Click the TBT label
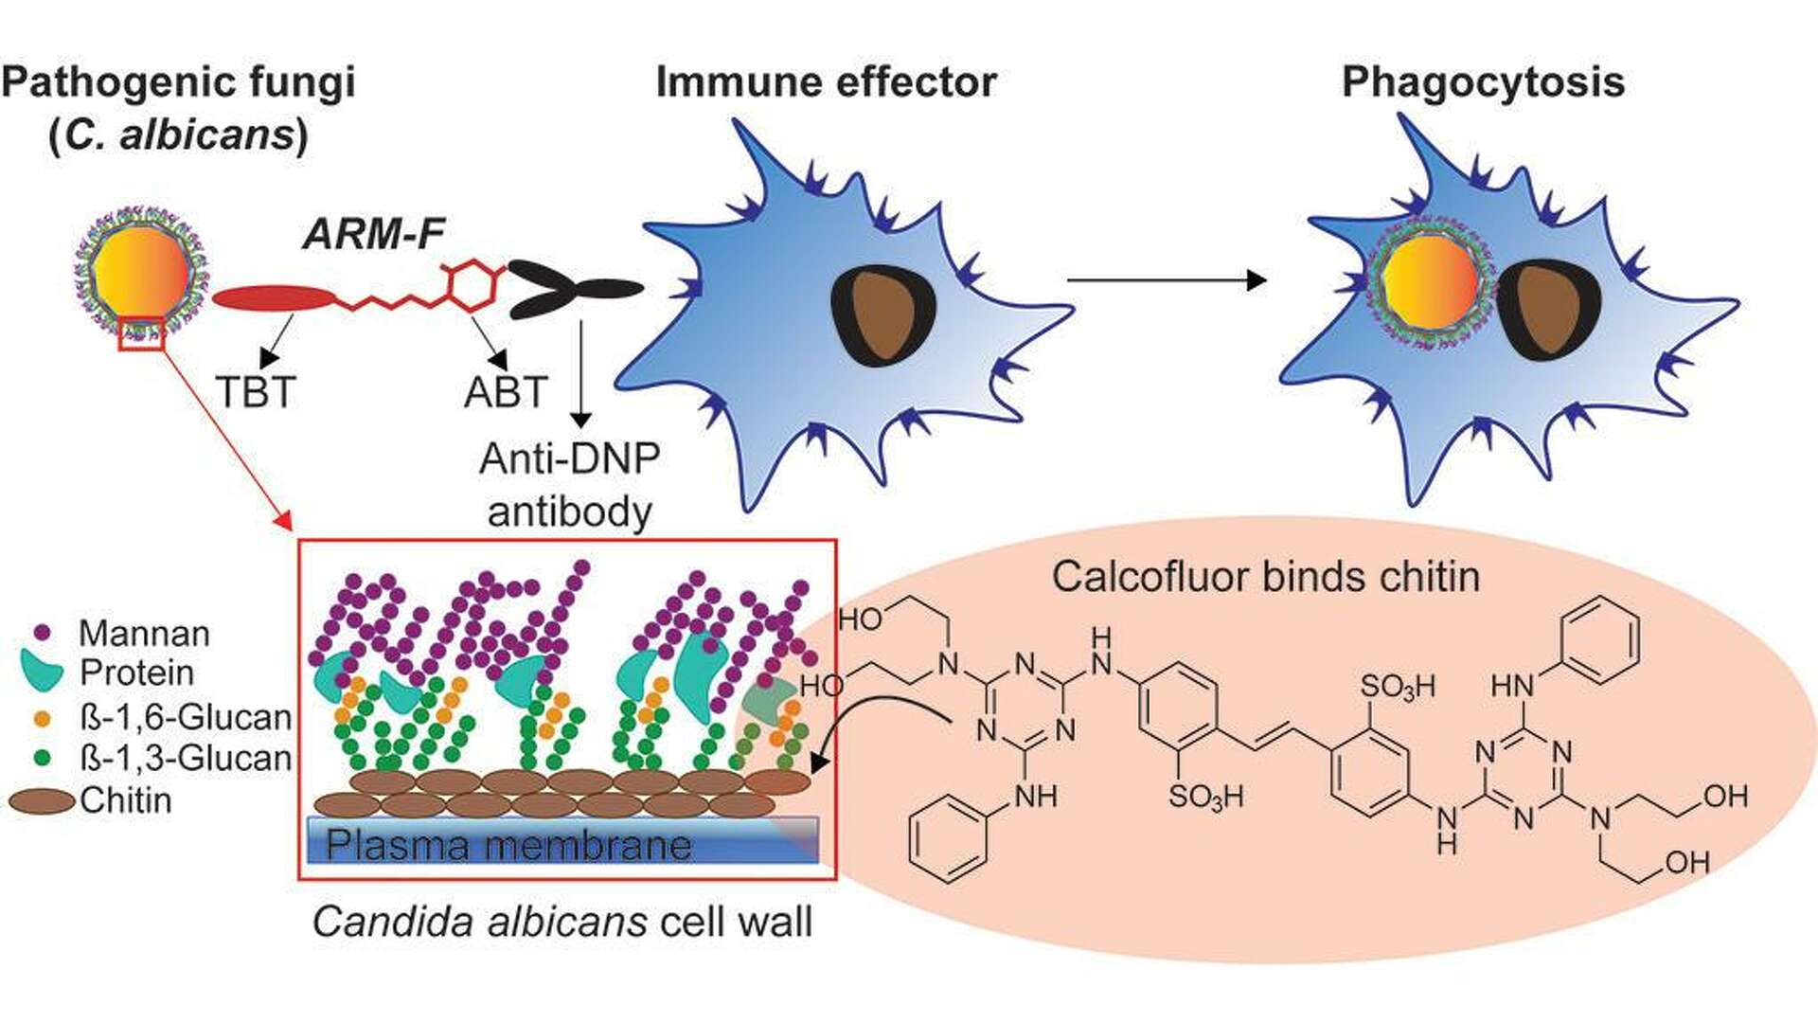[256, 392]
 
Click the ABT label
[506, 392]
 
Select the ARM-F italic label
[374, 234]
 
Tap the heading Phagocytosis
[1483, 82]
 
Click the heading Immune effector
[826, 82]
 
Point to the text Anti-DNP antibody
[570, 485]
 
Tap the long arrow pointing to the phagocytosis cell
[1167, 280]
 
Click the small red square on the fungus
[142, 334]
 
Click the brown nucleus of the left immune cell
[882, 314]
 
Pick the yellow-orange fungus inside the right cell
[1429, 282]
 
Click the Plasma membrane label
[508, 844]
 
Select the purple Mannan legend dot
[42, 632]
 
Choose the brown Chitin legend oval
[42, 801]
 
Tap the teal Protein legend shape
[42, 669]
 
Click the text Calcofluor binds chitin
[1265, 576]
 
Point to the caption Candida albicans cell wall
[562, 922]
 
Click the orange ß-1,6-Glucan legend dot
[42, 718]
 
